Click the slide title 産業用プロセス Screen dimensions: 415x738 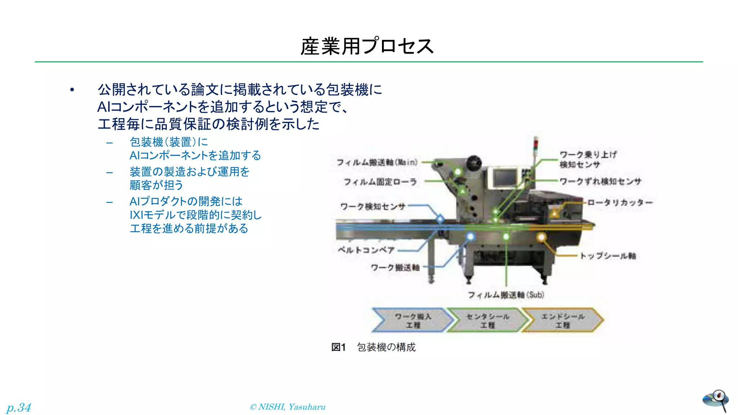coord(367,46)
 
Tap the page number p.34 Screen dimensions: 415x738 coord(19,407)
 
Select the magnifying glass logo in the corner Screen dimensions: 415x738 coord(716,400)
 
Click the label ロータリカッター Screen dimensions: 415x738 coord(620,202)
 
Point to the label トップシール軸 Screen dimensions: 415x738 coord(608,256)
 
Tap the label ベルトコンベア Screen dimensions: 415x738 coord(366,250)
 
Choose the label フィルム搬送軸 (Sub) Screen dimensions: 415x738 coord(506,295)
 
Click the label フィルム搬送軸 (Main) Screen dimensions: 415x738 coord(377,162)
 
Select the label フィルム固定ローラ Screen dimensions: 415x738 coord(380,182)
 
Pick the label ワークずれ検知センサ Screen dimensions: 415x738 coord(600,181)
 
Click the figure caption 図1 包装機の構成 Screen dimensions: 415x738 coord(373,347)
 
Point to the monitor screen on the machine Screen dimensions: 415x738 coord(504,178)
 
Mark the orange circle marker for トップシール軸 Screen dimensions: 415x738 coord(541,237)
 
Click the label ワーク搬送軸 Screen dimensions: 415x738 coord(395,268)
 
